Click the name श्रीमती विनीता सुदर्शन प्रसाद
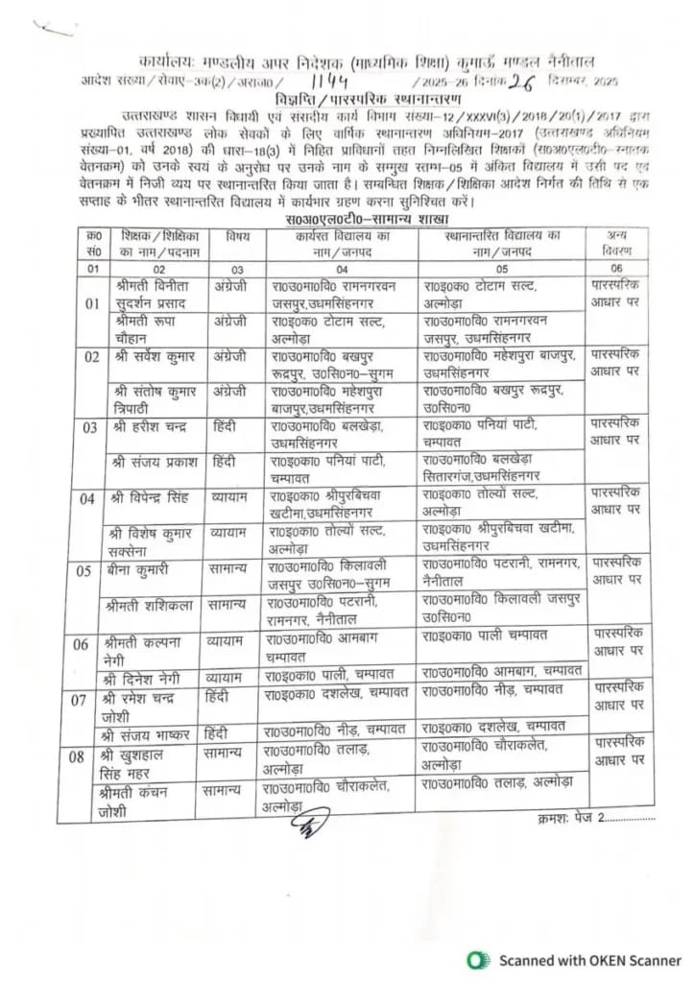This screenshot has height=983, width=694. point(154,295)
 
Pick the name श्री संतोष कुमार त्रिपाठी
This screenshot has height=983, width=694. point(153,397)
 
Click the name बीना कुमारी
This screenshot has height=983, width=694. point(140,569)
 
